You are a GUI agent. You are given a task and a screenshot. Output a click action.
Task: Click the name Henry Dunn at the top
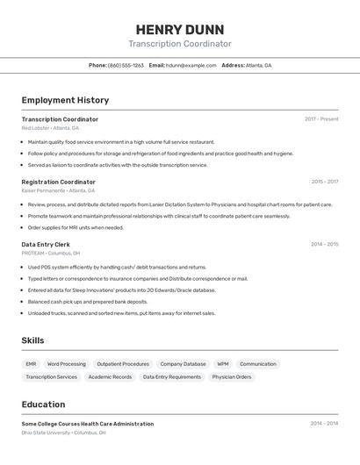(x=180, y=29)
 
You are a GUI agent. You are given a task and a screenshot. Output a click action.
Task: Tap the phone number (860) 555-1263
(x=126, y=65)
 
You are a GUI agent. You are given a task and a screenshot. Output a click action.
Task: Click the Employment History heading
(x=65, y=100)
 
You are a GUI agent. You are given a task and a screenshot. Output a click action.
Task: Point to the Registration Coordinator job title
(x=59, y=182)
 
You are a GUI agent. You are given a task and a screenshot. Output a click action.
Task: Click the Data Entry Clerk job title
(x=46, y=244)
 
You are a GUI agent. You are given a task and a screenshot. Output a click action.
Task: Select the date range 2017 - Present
(x=321, y=119)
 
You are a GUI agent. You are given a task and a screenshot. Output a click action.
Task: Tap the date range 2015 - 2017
(x=324, y=182)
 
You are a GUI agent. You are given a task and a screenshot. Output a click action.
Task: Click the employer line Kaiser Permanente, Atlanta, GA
(x=58, y=190)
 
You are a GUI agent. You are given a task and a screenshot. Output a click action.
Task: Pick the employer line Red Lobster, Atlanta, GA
(x=50, y=128)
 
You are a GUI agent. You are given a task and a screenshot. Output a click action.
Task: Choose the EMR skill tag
(x=31, y=363)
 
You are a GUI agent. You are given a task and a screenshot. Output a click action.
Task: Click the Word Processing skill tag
(x=67, y=363)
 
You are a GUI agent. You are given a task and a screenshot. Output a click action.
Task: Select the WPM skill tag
(x=223, y=363)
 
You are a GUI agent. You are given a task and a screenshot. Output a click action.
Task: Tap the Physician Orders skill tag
(x=232, y=376)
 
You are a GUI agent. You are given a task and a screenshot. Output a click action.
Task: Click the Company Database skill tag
(x=183, y=363)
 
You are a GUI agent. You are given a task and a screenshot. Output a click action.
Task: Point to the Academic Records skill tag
(x=110, y=376)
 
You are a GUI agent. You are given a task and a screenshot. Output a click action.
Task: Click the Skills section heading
(x=32, y=340)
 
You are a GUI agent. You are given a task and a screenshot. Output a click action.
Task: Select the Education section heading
(x=43, y=404)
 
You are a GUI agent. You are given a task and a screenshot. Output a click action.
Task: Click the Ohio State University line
(x=63, y=433)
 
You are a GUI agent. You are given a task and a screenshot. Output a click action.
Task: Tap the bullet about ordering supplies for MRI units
(x=76, y=227)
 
